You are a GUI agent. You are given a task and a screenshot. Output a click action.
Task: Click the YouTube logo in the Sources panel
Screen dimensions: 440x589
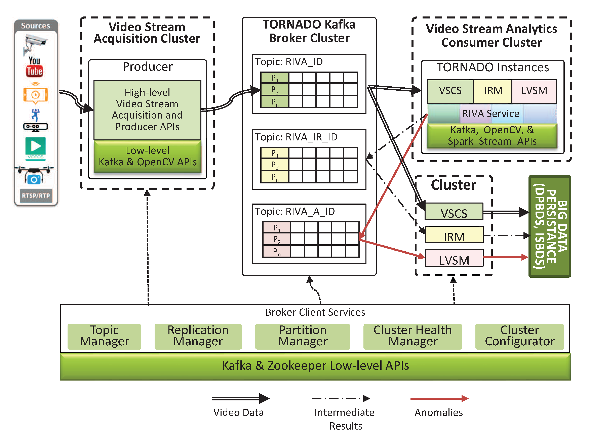(x=34, y=67)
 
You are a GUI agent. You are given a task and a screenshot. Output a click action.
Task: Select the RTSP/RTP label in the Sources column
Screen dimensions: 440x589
(x=36, y=196)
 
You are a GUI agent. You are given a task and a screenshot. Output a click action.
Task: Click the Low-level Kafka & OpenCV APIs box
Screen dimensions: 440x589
(x=148, y=157)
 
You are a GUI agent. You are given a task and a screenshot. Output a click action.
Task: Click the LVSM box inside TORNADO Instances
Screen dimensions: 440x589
(x=534, y=91)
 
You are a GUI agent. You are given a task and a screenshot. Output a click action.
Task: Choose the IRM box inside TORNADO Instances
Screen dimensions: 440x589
(x=493, y=91)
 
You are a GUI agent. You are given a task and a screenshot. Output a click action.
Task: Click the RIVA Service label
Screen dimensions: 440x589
(x=490, y=114)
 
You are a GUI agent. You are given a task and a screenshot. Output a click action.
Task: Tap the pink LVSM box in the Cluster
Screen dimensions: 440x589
(x=454, y=258)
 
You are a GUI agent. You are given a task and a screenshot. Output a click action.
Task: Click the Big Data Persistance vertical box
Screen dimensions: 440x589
(x=550, y=226)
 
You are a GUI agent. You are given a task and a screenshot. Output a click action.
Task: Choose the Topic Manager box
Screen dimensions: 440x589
(x=104, y=336)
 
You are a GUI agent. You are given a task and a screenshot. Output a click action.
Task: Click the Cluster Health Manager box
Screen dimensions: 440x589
(x=413, y=336)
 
